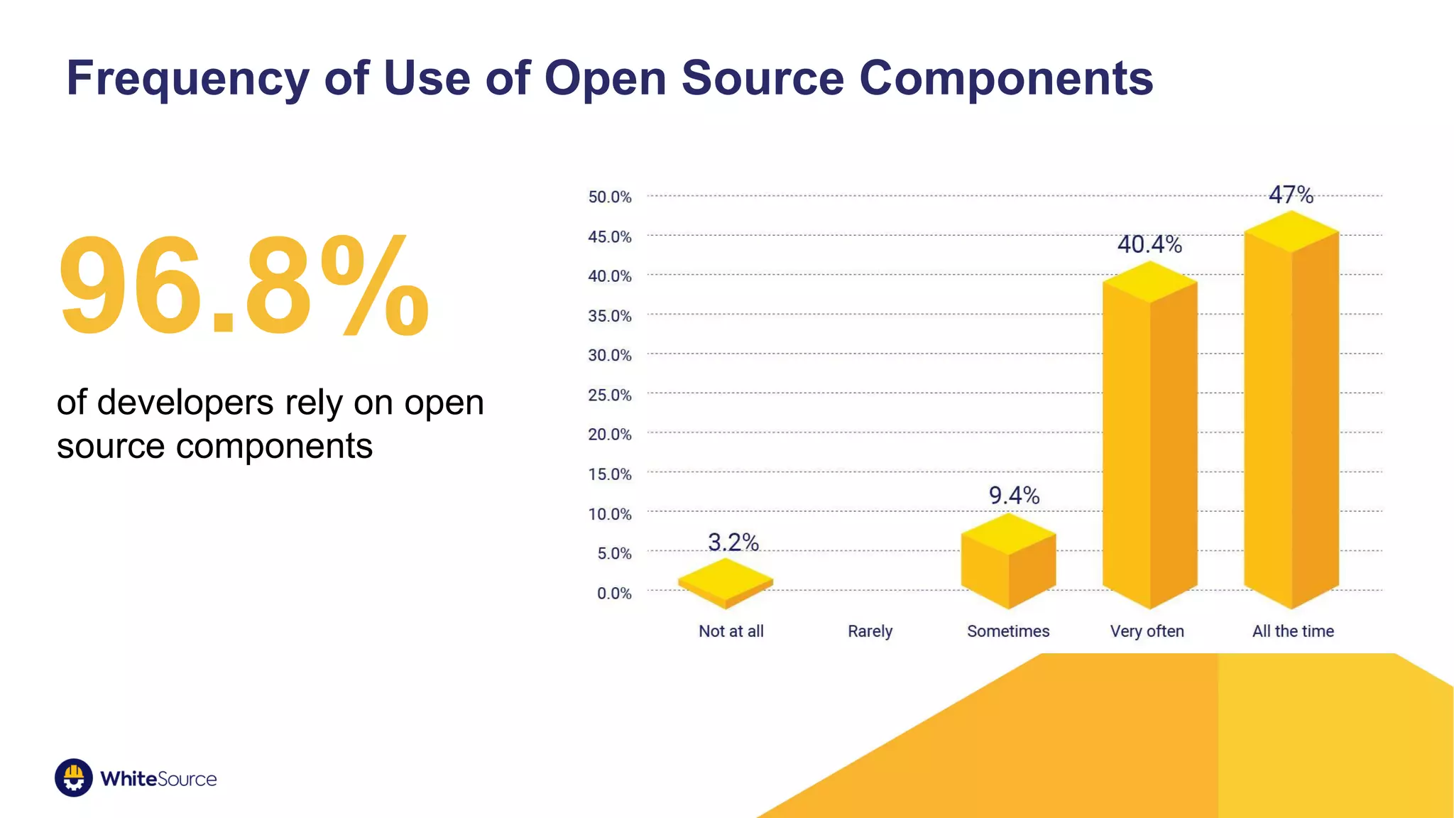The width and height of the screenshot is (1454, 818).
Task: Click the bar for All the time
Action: tap(1291, 419)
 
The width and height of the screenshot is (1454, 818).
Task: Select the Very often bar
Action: tap(1149, 440)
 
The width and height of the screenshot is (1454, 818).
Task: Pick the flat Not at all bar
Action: tap(726, 583)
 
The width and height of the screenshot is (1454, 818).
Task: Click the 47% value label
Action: tap(1291, 195)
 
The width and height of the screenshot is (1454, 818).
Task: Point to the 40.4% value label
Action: tap(1149, 244)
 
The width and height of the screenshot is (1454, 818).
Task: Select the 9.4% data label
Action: tap(1014, 495)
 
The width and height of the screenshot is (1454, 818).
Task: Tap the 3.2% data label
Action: tap(733, 542)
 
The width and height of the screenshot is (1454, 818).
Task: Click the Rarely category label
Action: tap(870, 631)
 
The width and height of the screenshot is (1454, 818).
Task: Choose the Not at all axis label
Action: tap(731, 631)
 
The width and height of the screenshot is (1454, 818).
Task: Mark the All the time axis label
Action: tap(1293, 631)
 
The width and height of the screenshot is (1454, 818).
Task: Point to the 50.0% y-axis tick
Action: tap(609, 197)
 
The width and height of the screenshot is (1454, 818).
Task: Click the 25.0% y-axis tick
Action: tap(609, 395)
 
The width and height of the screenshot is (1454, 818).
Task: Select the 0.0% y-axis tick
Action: tap(613, 593)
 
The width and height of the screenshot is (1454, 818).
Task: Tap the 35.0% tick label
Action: tap(609, 316)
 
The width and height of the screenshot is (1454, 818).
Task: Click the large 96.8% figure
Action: tap(244, 286)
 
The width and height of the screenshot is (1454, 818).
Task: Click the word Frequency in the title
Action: tap(187, 78)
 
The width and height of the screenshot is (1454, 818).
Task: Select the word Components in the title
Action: tap(1006, 78)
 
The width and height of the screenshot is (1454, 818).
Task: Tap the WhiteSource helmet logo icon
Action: tap(74, 778)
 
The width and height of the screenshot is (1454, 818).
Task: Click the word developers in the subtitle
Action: tap(185, 403)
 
